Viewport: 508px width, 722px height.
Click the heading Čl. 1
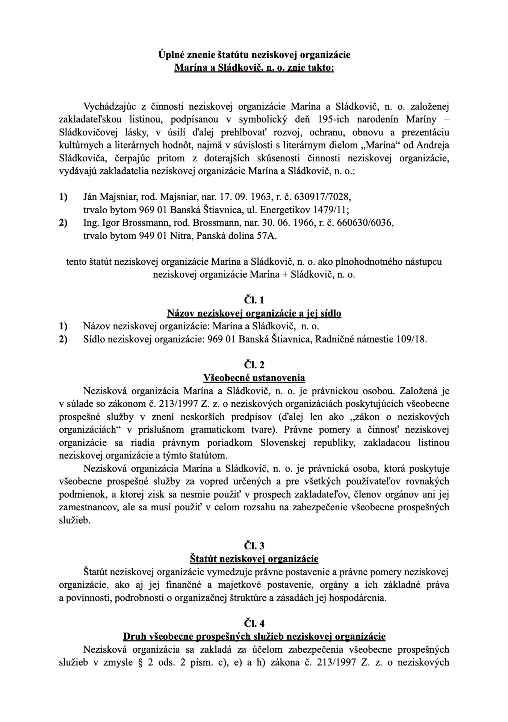(254, 300)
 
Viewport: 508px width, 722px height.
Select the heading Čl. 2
(254, 365)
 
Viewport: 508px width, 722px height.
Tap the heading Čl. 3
(254, 546)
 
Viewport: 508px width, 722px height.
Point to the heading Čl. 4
(254, 623)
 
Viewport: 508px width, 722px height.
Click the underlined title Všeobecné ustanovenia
(254, 378)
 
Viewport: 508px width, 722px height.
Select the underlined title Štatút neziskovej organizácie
(254, 559)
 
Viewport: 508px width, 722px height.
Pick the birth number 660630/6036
(365, 223)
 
